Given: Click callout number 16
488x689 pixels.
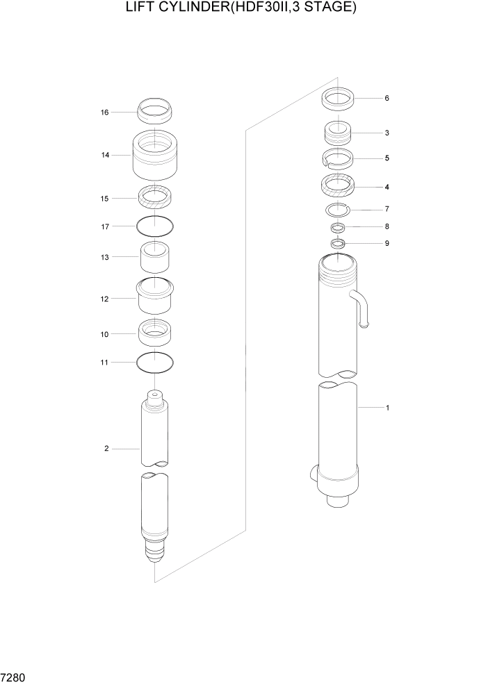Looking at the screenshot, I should click(x=105, y=112).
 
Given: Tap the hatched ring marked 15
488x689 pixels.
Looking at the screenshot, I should click(x=155, y=197).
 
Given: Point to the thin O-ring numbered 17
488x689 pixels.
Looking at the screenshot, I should click(x=155, y=225).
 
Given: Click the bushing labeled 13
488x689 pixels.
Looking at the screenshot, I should click(x=156, y=258).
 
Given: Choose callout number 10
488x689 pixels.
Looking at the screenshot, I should click(x=105, y=334).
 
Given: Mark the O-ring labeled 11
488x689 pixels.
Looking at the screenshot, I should click(x=155, y=362).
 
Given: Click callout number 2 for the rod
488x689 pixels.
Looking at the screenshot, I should click(x=106, y=449).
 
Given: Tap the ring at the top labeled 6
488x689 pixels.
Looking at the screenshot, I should click(x=339, y=99).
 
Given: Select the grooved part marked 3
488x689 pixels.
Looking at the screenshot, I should click(x=339, y=132).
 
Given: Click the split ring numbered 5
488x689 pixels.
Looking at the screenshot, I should click(x=339, y=158).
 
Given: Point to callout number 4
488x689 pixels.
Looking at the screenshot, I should click(x=387, y=187).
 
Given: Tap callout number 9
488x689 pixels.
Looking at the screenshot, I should click(x=387, y=244).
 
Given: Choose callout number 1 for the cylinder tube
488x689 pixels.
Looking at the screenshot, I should click(x=387, y=408).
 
